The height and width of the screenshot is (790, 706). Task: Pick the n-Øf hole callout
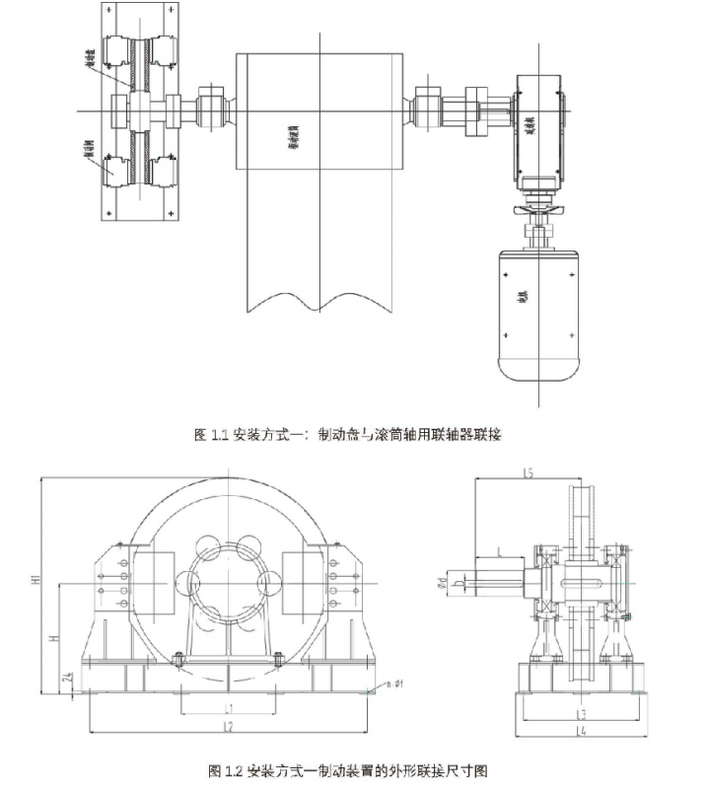click(397, 682)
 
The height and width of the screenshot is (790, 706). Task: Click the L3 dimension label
click(582, 712)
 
